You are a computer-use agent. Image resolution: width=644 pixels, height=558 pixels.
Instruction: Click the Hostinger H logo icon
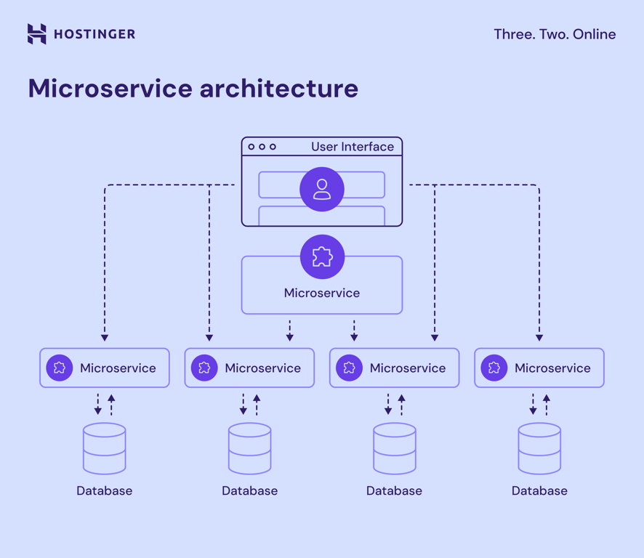tap(36, 34)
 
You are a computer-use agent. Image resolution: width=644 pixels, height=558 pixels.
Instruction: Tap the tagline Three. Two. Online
tap(554, 34)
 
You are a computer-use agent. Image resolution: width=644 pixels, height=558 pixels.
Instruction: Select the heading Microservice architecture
tap(193, 89)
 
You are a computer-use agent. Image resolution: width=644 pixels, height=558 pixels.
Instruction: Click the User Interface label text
tap(352, 147)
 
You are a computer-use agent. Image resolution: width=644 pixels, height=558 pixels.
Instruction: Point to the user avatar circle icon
tap(322, 190)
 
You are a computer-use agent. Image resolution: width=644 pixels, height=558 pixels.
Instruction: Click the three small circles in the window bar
tap(262, 147)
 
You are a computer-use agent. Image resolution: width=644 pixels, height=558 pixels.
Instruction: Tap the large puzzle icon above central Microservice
tap(322, 257)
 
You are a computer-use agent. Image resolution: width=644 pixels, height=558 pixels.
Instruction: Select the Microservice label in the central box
tap(322, 293)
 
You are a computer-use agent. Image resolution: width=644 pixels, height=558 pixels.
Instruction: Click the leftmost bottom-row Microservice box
tap(105, 368)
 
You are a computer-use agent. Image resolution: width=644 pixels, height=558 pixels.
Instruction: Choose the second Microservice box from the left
tap(249, 368)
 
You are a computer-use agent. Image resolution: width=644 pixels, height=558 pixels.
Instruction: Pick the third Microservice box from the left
tap(394, 368)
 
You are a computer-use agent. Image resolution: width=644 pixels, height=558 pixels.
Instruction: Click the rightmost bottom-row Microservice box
tap(539, 368)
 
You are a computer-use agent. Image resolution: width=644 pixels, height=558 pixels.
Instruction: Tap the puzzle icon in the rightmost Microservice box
tap(494, 368)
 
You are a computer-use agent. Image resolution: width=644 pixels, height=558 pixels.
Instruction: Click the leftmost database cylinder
tap(105, 448)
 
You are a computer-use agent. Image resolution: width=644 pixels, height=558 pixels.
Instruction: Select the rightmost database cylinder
tap(539, 448)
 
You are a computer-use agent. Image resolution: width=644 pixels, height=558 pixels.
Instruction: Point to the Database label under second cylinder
tap(249, 490)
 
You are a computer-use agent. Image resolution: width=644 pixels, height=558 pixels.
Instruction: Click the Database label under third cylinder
tap(394, 490)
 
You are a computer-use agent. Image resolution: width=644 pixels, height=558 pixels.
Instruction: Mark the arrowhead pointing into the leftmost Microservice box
tap(105, 337)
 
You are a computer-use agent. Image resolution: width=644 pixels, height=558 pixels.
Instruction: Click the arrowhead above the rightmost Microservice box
tap(539, 337)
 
